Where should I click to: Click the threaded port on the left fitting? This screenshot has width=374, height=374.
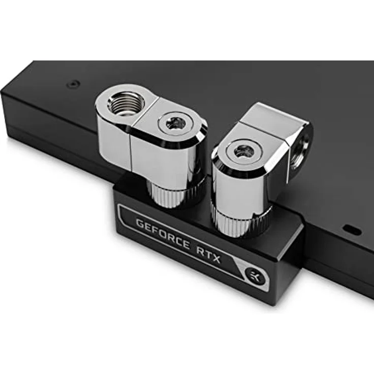[126, 104]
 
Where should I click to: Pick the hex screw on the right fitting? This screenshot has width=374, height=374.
[244, 152]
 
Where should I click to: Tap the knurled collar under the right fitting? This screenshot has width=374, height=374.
[240, 222]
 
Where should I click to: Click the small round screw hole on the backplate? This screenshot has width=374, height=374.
[73, 84]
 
